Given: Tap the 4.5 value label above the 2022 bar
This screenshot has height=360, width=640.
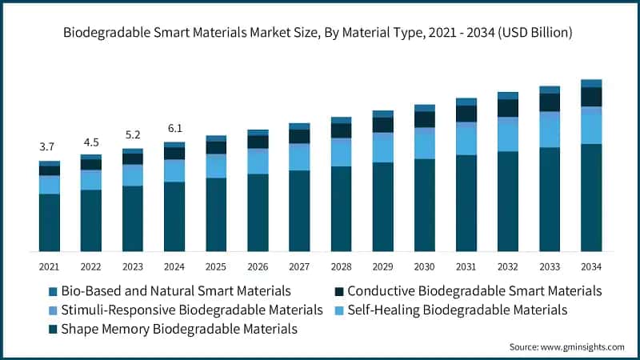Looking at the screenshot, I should (x=90, y=142).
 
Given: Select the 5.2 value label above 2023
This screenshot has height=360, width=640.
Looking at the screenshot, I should (x=132, y=134).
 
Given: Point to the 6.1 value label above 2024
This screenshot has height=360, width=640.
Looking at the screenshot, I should (x=174, y=128).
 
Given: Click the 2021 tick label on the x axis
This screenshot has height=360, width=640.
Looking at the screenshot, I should (x=49, y=266).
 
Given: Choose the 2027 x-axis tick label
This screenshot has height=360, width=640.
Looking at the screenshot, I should (x=299, y=266).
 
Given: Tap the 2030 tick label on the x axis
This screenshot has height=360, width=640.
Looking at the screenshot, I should (x=424, y=266).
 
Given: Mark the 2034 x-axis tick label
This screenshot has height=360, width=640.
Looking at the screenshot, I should (x=591, y=266).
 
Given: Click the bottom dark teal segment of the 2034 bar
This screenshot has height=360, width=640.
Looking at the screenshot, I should (x=591, y=198).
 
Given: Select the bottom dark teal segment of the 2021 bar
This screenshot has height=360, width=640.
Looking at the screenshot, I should (x=49, y=222).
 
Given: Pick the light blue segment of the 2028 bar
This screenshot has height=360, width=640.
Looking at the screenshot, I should (x=341, y=153).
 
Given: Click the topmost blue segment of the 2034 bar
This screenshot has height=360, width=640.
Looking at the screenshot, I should (x=591, y=83).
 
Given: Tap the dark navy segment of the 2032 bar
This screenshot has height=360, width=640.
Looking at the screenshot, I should (x=508, y=108).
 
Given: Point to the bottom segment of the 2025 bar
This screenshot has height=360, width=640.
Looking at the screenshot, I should (x=216, y=214).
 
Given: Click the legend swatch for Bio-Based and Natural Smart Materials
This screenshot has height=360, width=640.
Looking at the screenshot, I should (x=54, y=291).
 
